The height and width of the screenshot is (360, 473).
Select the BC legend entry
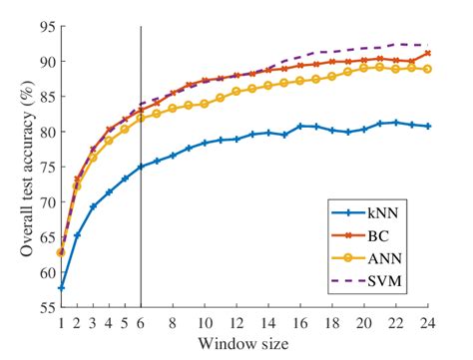click(377, 235)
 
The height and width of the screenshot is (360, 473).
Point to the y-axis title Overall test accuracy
click(17, 165)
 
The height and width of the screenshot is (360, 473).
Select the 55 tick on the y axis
click(45, 308)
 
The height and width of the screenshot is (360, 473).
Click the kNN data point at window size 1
click(61, 288)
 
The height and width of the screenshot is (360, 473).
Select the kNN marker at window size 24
click(428, 127)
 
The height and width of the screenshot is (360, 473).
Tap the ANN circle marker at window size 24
click(428, 69)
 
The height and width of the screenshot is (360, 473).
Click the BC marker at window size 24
click(428, 53)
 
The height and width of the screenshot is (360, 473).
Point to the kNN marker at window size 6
click(141, 167)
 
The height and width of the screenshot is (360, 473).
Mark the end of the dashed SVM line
click(428, 45)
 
